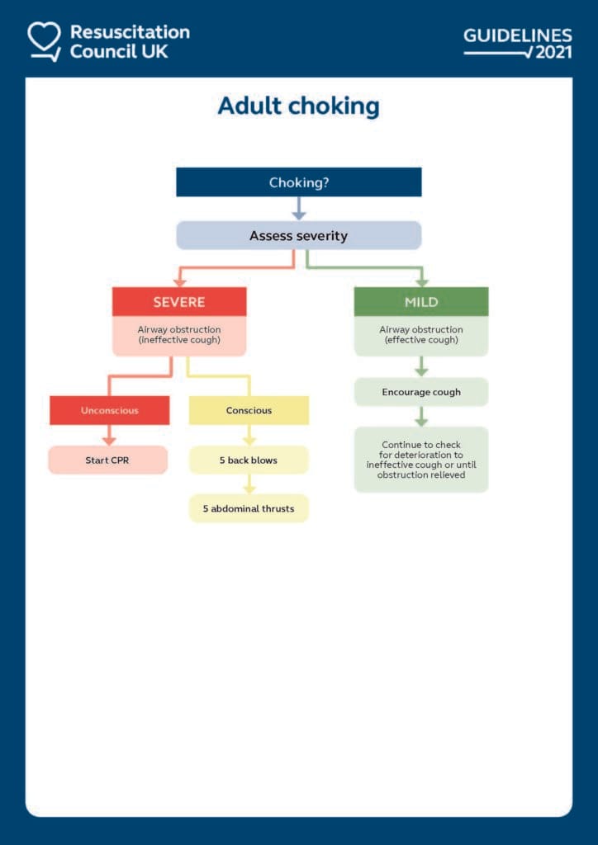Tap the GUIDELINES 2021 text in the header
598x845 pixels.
pyautogui.click(x=517, y=44)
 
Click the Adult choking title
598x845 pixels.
pyautogui.click(x=298, y=106)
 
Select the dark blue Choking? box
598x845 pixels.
pyautogui.click(x=298, y=182)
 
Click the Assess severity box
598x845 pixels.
pyautogui.click(x=298, y=236)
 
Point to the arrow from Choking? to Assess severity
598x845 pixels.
pyautogui.click(x=298, y=209)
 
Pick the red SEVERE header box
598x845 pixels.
pyautogui.click(x=179, y=302)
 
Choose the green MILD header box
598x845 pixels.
pyautogui.click(x=421, y=302)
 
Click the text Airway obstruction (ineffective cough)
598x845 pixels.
pyautogui.click(x=179, y=335)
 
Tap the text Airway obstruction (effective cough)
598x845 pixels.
pyautogui.click(x=421, y=335)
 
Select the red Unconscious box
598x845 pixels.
pyautogui.click(x=109, y=410)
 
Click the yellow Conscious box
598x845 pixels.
pyautogui.click(x=249, y=410)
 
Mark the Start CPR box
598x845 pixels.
pyautogui.click(x=107, y=460)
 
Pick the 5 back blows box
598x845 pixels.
pyautogui.click(x=249, y=460)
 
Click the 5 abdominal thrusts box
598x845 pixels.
pyautogui.click(x=249, y=508)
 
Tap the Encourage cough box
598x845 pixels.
pyautogui.click(x=421, y=392)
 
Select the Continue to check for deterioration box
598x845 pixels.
pyautogui.click(x=421, y=460)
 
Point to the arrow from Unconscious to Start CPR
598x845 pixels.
pyautogui.click(x=109, y=436)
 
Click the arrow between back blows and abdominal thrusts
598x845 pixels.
pyautogui.click(x=249, y=484)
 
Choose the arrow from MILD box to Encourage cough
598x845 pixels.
pyautogui.click(x=421, y=367)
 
